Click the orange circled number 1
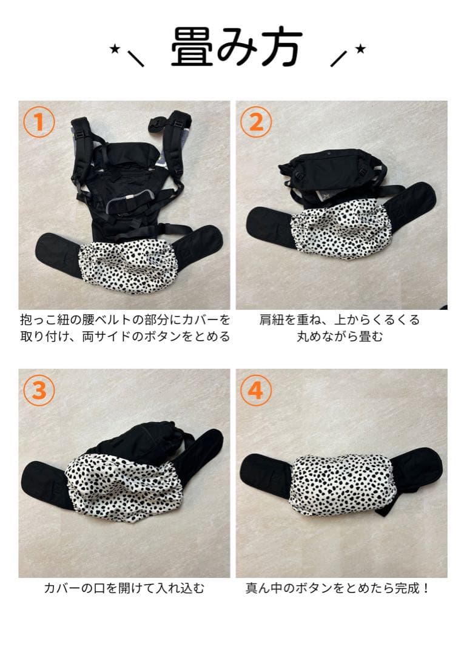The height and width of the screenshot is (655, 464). [x=39, y=121]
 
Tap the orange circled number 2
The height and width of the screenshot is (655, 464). [x=256, y=121]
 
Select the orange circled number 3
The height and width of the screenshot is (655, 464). [x=39, y=390]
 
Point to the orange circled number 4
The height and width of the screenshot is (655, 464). [x=256, y=390]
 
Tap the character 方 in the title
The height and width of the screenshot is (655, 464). [x=281, y=47]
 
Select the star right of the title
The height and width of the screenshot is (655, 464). [x=360, y=49]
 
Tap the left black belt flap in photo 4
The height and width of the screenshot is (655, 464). [x=266, y=477]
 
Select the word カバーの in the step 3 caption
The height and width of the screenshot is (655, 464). [x=69, y=588]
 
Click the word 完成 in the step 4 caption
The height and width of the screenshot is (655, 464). [x=407, y=588]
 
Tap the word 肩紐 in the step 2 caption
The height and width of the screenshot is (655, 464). [x=272, y=320]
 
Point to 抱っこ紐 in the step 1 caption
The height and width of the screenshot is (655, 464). [x=45, y=320]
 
